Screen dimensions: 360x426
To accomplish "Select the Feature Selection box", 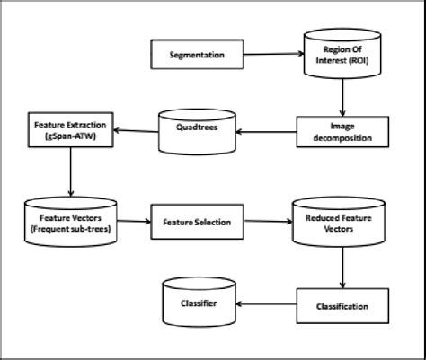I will click(x=196, y=220).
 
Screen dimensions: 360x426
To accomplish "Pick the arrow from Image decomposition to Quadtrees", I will click(x=262, y=131).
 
